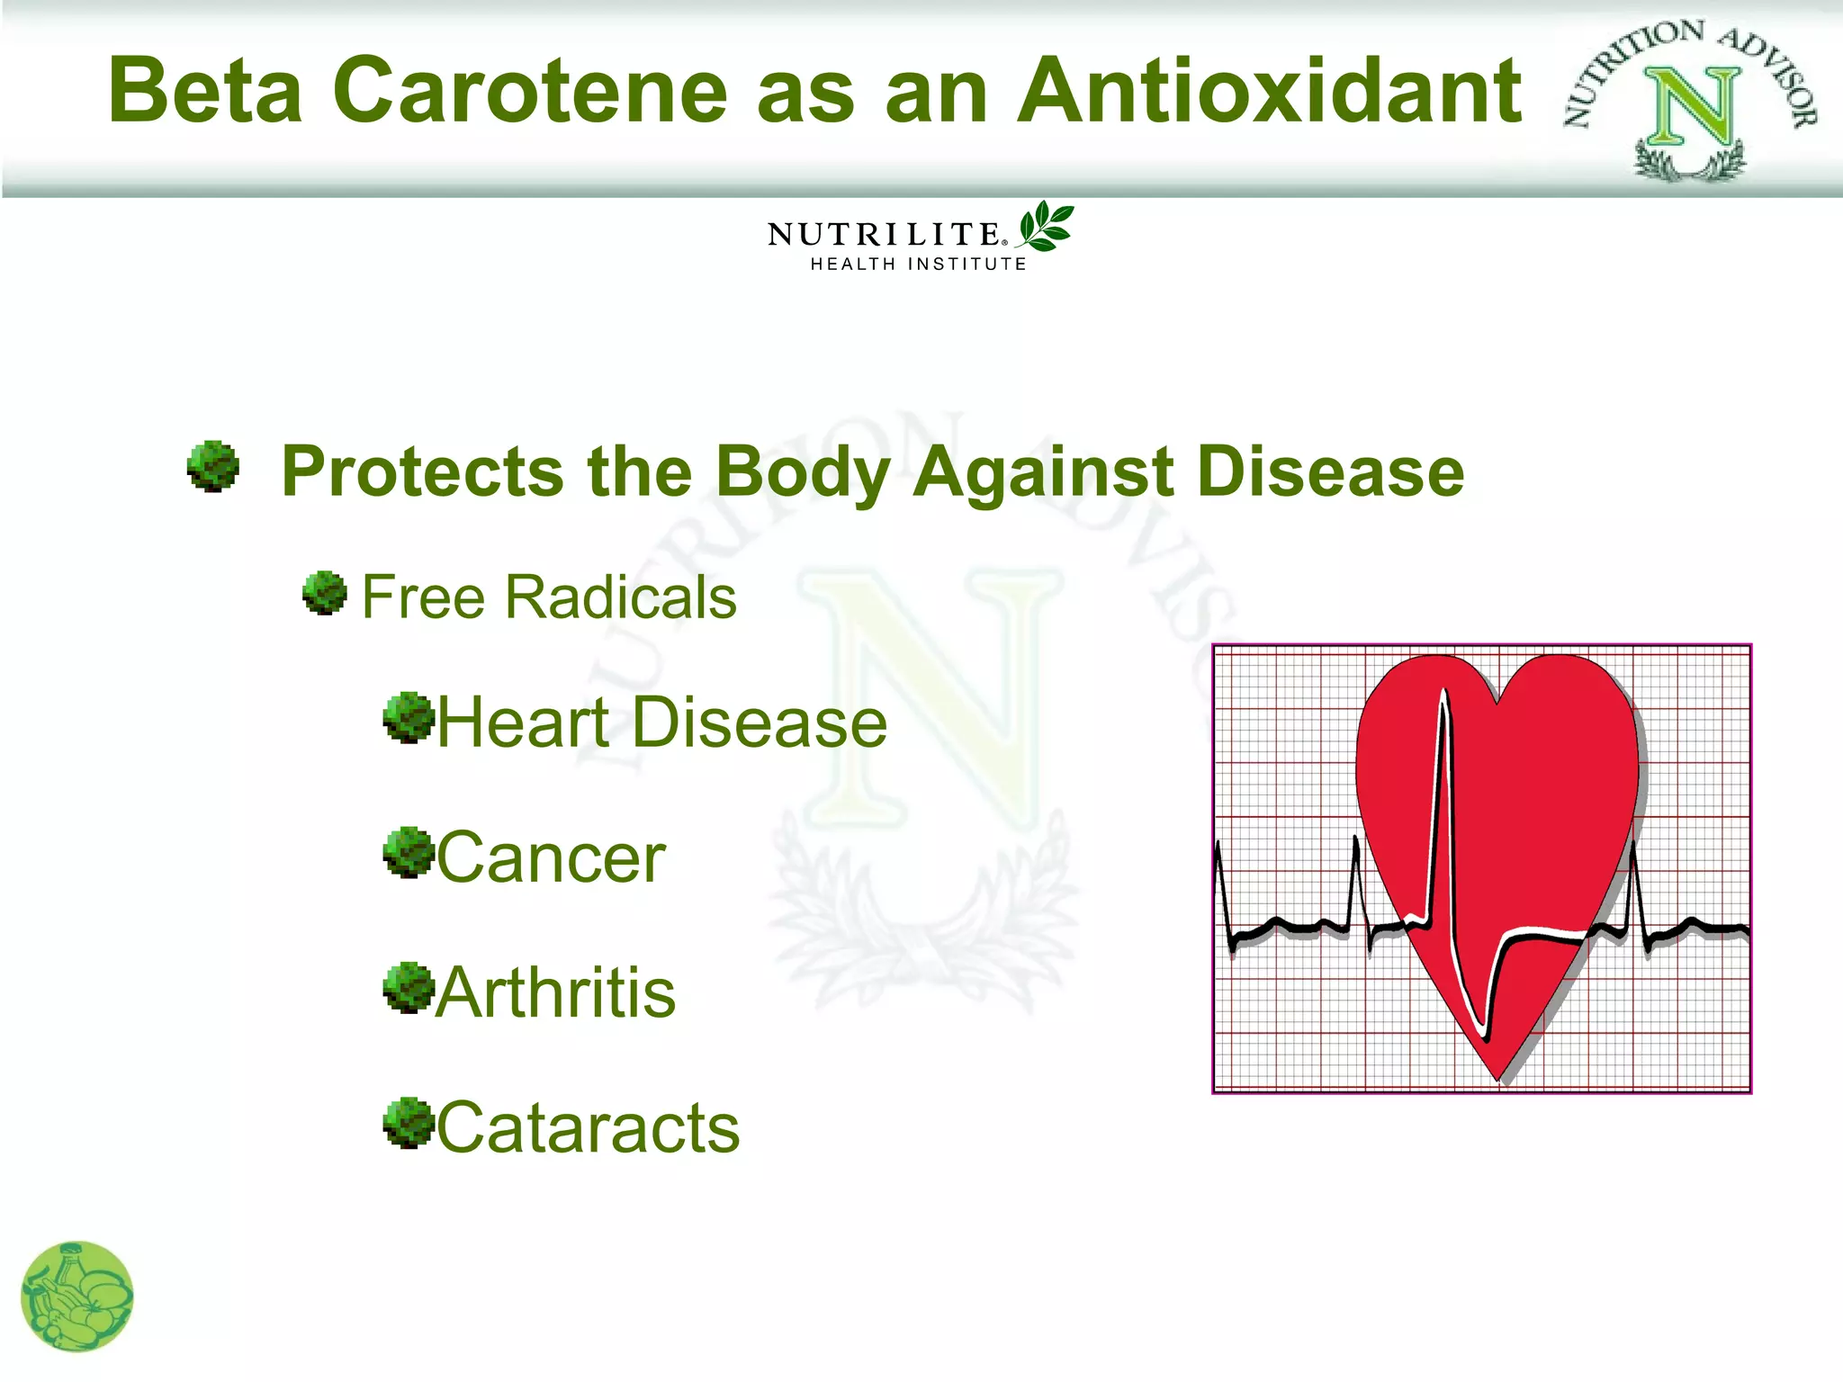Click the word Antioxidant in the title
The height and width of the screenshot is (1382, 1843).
point(1269,92)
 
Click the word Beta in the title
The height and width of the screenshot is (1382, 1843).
point(205,92)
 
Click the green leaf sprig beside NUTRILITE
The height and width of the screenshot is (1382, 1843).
point(1046,227)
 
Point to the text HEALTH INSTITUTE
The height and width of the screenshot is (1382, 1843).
point(918,265)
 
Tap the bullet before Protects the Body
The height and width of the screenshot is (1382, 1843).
point(213,466)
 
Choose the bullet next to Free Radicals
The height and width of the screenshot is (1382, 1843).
point(325,593)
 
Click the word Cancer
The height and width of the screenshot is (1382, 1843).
point(551,858)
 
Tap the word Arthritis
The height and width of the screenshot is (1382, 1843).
point(555,993)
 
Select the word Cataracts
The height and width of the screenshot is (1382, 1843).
point(589,1128)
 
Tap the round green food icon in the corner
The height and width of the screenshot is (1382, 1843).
point(77,1296)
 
